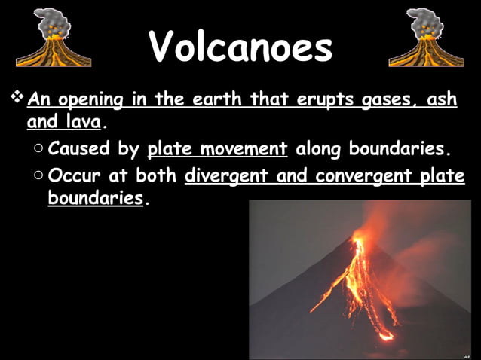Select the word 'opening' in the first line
point(102,100)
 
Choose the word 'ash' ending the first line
point(445,99)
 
